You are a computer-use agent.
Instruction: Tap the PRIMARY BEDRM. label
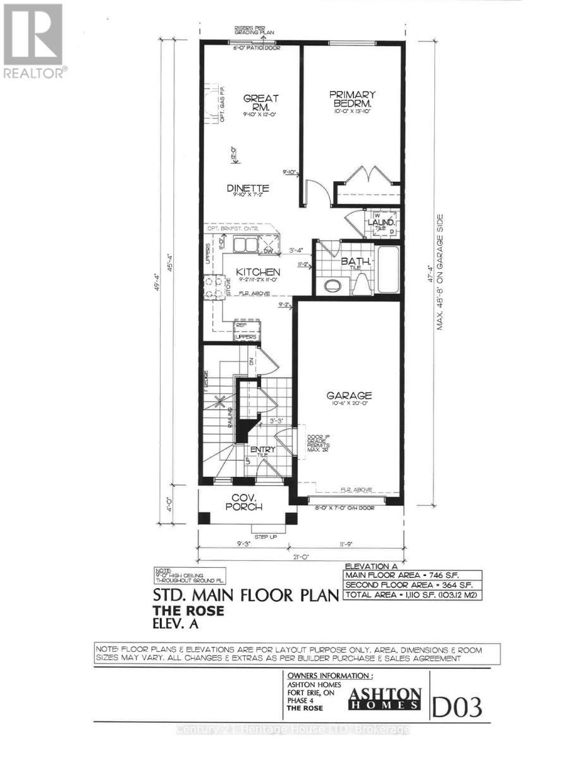[352, 99]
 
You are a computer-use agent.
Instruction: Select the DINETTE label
[248, 188]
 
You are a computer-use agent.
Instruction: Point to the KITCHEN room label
[258, 272]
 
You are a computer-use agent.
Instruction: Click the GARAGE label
[349, 395]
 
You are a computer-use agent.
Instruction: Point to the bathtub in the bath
[388, 270]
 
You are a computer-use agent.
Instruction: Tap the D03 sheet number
[458, 706]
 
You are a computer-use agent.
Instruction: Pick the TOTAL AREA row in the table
[412, 595]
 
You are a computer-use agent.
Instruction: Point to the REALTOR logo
[33, 41]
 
